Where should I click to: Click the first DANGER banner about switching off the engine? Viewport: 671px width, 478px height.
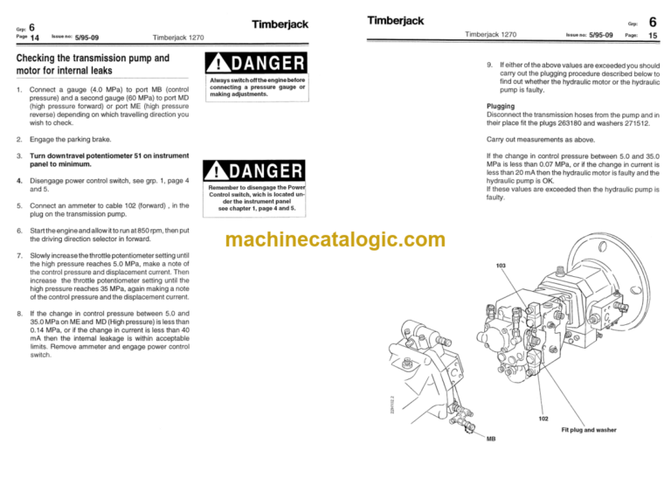tap(254, 64)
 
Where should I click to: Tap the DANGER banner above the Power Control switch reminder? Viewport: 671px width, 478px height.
tap(254, 172)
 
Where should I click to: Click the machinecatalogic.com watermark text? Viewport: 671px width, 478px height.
tap(335, 239)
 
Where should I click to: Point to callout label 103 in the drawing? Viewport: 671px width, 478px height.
tap(501, 265)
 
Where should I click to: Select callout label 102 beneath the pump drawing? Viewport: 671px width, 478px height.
tap(543, 418)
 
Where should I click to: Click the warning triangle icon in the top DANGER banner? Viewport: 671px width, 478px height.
tap(218, 64)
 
